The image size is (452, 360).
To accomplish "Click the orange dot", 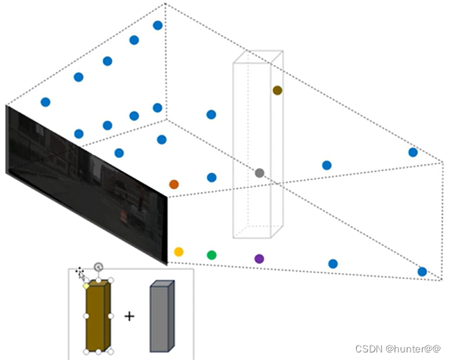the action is click(x=174, y=185).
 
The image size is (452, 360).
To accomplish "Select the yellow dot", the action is click(x=178, y=252).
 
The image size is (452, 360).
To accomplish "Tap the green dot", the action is click(x=212, y=256).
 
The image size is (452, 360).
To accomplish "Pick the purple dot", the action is click(x=259, y=259).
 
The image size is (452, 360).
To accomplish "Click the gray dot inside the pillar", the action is click(x=259, y=173).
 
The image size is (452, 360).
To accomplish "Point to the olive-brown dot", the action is click(x=277, y=90).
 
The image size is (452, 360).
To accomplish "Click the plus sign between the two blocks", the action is click(x=129, y=316).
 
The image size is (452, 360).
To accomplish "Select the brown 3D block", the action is click(x=98, y=316).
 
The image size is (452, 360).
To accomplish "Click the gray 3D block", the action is click(x=162, y=316).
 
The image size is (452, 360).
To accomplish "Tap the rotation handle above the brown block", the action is click(x=98, y=267).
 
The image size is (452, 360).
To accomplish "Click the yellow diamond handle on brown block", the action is click(x=86, y=286).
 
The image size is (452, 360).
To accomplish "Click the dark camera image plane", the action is click(x=86, y=185).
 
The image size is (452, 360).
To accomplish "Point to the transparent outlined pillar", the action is click(x=259, y=144).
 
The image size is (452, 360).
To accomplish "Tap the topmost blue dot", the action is click(x=158, y=26).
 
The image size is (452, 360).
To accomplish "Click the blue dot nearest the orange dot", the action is click(x=212, y=178).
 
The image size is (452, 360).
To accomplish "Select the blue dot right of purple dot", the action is click(x=333, y=264).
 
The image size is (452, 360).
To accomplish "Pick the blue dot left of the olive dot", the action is click(x=212, y=114).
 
